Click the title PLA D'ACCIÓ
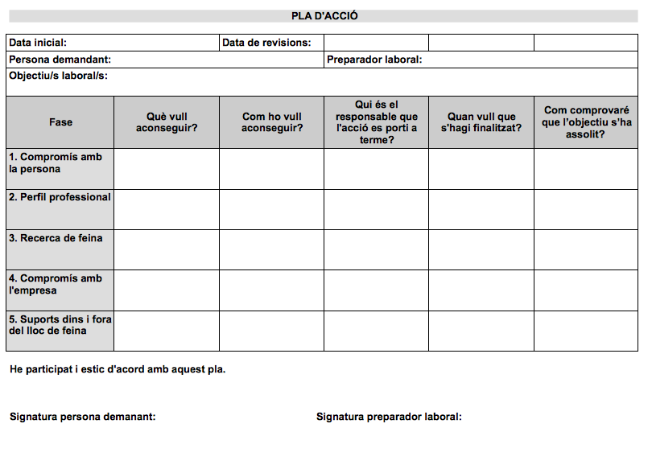pyautogui.click(x=324, y=16)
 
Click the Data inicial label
pyautogui.click(x=38, y=43)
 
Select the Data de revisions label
pyautogui.click(x=266, y=43)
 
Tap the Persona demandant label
pyautogui.click(x=60, y=60)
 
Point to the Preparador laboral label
pyautogui.click(x=374, y=60)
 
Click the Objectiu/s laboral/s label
pyautogui.click(x=59, y=76)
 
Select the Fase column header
pyautogui.click(x=60, y=122)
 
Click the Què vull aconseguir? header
pyautogui.click(x=167, y=122)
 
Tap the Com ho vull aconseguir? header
pyautogui.click(x=272, y=122)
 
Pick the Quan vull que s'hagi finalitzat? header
pyautogui.click(x=481, y=122)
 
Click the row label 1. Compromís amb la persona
pyautogui.click(x=56, y=163)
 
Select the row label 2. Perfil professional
pyautogui.click(x=60, y=198)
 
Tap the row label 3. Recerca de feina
pyautogui.click(x=56, y=238)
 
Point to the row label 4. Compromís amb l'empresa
pyautogui.click(x=56, y=284)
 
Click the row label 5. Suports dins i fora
pyautogui.click(x=60, y=325)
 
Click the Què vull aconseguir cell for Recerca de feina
pyautogui.click(x=167, y=250)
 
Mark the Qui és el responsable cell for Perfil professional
pyautogui.click(x=377, y=209)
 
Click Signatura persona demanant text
pyautogui.click(x=83, y=417)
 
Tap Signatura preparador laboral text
pyautogui.click(x=389, y=417)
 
